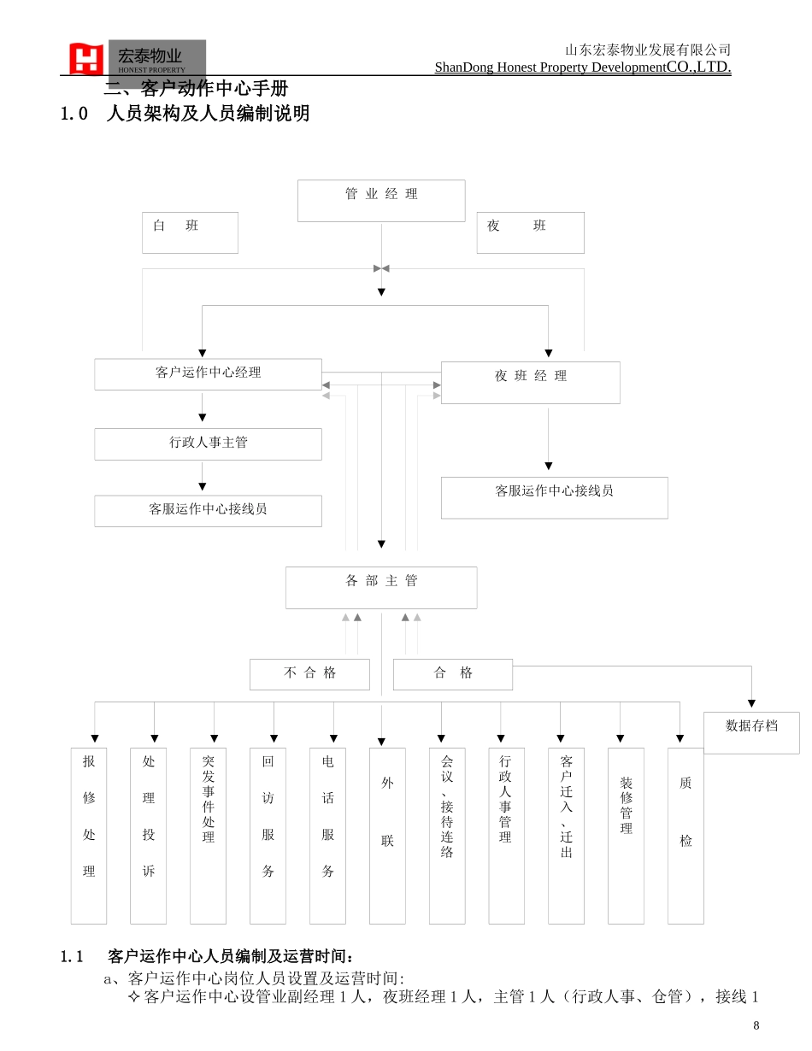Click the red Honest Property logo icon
coord(86,59)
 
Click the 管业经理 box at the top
coord(381,201)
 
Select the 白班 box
coord(190,232)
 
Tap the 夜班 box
coord(530,232)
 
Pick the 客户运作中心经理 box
coord(208,374)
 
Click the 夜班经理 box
coord(530,382)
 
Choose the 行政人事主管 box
coord(208,443)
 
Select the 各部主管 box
coord(381,587)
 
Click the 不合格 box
coord(309,674)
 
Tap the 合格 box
coord(452,674)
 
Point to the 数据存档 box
coord(751,732)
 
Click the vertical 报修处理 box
coord(89,835)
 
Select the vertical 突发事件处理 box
coord(208,835)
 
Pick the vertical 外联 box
coord(387,835)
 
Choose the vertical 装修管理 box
coord(626,835)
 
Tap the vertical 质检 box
coord(685,835)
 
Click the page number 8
coord(756,1025)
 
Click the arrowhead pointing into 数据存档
coord(751,703)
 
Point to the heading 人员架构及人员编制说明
coord(208,114)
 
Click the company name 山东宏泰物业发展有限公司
coord(648,50)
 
